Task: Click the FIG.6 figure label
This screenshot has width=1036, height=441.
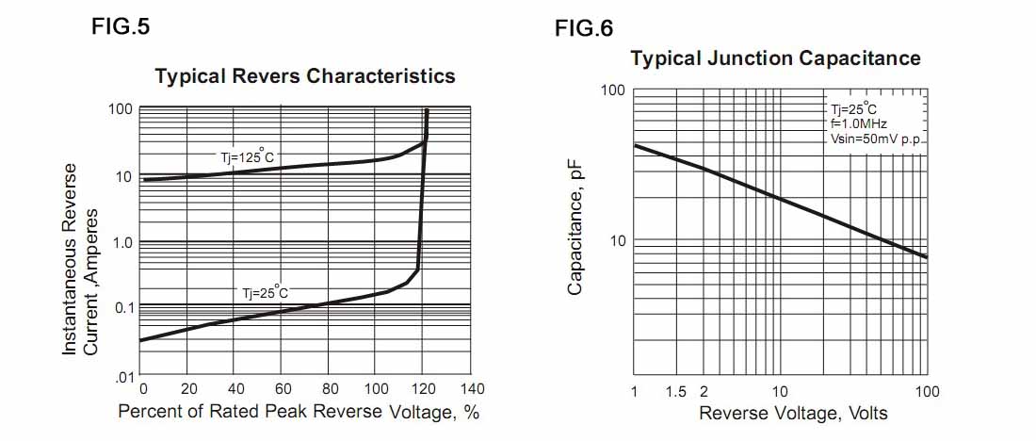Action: (584, 28)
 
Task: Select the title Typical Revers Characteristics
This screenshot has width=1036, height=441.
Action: (304, 76)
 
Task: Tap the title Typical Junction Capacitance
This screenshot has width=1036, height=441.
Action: (775, 58)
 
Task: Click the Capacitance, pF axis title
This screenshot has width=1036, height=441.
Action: (575, 229)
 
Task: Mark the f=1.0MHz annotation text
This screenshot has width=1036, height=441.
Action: (858, 123)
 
